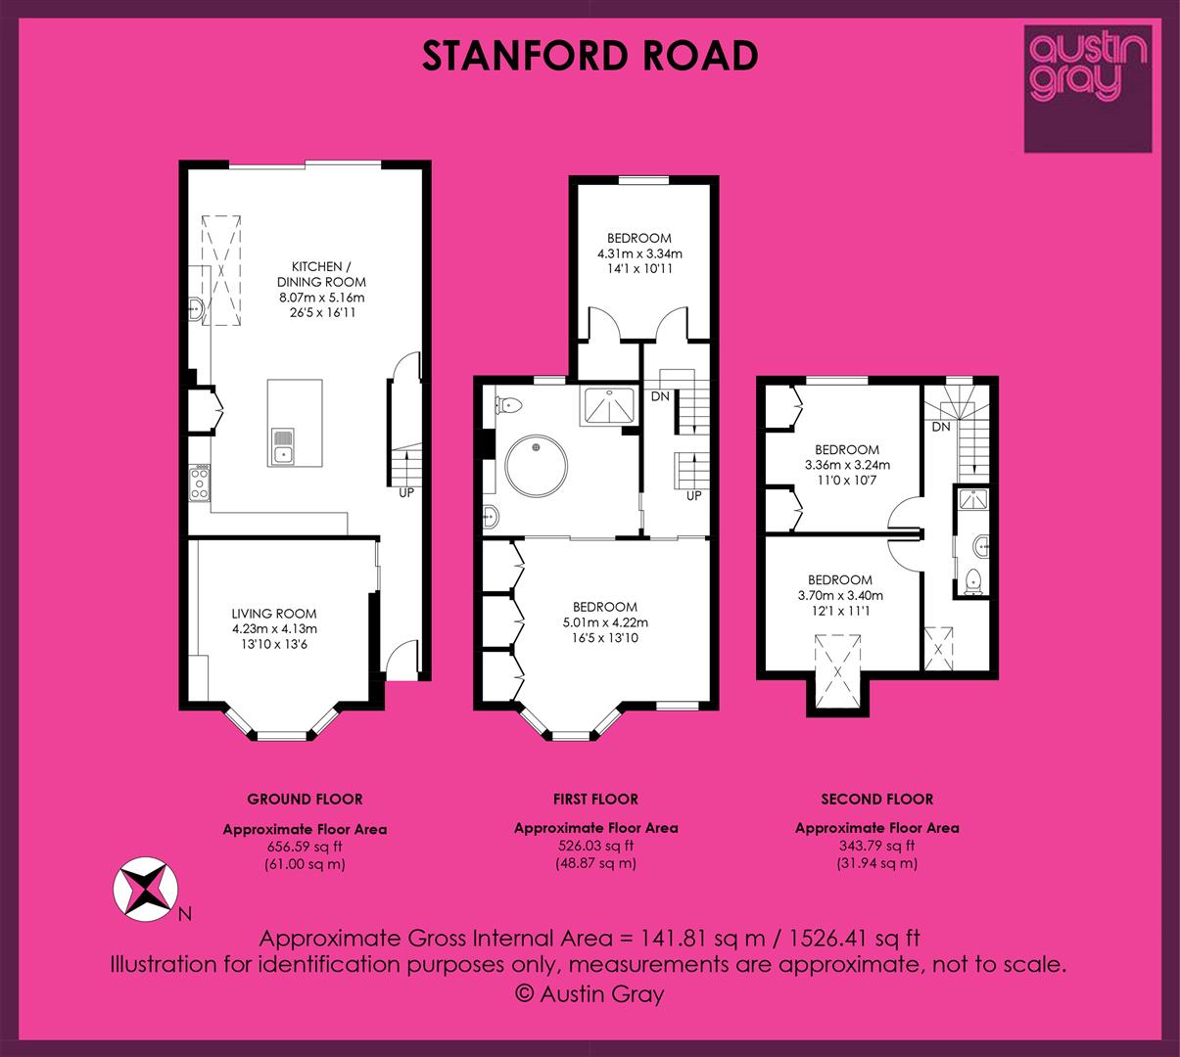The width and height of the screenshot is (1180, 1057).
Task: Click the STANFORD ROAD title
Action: pos(590,56)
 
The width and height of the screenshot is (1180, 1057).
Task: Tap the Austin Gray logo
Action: pos(1088,88)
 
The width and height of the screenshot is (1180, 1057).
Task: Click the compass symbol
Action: pos(145,889)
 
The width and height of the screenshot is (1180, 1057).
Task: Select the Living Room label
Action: pos(274,628)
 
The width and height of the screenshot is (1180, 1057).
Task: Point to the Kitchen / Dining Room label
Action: pos(321,290)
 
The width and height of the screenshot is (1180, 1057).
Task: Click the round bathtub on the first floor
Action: pos(536,466)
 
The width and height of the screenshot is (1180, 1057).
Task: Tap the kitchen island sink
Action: pos(283,447)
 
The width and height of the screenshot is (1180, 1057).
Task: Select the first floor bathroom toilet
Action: pos(508,404)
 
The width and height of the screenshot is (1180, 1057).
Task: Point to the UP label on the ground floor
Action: pos(406,492)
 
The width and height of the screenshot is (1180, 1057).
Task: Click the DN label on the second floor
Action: pos(941,427)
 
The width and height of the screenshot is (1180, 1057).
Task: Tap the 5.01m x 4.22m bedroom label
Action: pos(605,622)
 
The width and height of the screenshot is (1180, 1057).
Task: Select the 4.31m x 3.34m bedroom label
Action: pos(639,253)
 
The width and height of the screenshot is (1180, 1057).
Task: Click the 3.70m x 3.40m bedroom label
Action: pos(840,595)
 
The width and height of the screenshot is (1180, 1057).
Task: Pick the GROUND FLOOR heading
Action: pos(305,799)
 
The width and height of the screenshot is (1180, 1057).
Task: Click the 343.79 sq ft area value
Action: pos(877,846)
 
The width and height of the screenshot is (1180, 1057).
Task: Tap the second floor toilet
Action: pos(972,581)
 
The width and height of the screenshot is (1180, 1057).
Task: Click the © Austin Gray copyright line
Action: pos(589,993)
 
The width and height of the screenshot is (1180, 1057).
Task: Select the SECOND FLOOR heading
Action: pos(877,799)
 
